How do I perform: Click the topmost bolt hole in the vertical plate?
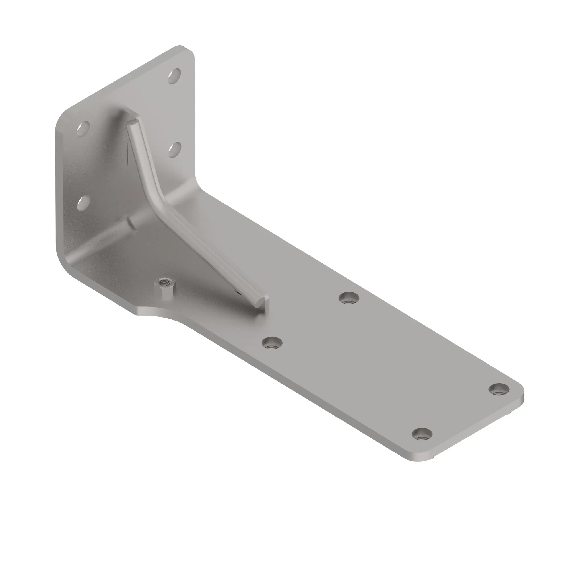(174, 76)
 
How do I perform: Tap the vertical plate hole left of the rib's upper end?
(83, 129)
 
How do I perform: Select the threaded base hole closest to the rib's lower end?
(349, 298)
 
